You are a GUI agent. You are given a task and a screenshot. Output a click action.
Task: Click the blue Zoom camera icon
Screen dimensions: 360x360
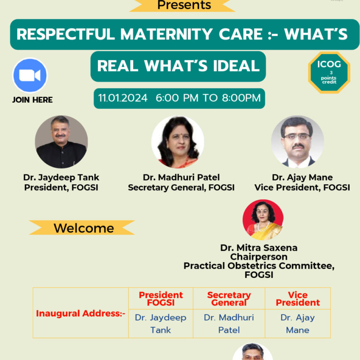tap(30, 75)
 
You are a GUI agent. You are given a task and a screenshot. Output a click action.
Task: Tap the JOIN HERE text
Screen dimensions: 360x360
tap(32, 100)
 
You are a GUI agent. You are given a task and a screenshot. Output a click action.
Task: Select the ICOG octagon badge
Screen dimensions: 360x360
tap(329, 73)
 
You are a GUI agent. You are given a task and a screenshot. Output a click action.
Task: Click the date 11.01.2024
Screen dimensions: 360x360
tap(123, 98)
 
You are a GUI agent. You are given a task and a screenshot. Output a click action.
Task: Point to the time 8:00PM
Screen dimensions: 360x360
tap(241, 98)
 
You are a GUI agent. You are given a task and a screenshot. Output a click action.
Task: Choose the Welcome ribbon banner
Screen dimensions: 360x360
tap(82, 228)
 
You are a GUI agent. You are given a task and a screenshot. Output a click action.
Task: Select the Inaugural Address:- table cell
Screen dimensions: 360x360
tap(81, 313)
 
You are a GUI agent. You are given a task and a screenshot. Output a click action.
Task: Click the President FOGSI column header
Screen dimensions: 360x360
tap(161, 299)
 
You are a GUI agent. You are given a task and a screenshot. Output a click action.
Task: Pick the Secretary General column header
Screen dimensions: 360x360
tap(229, 299)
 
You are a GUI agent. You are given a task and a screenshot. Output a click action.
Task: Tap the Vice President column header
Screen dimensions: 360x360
tap(298, 299)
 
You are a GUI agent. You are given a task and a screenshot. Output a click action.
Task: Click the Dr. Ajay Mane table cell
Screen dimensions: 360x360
tap(298, 323)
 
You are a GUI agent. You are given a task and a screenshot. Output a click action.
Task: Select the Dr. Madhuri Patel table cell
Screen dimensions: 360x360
tap(229, 323)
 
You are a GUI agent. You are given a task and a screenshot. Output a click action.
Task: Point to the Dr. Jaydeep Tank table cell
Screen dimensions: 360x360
tap(161, 323)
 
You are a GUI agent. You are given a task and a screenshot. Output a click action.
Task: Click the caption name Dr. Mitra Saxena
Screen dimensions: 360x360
tap(259, 247)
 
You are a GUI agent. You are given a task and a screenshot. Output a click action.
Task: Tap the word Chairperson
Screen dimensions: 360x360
tap(259, 257)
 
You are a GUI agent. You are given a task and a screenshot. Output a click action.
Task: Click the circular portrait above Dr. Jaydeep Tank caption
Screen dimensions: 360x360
tap(61, 142)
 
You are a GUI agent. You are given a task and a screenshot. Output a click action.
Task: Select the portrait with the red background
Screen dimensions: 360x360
tap(263, 220)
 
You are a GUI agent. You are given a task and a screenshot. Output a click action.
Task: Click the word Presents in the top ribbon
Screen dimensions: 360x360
tap(184, 5)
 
